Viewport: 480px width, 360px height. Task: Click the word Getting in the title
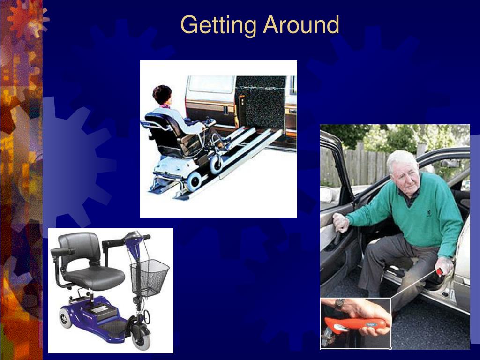218,25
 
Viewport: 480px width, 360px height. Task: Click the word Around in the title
301,24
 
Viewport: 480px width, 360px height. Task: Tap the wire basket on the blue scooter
150,278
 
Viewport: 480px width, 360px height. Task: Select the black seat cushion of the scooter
94,277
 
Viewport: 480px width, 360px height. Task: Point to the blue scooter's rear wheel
66,318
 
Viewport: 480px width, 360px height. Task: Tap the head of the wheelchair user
163,95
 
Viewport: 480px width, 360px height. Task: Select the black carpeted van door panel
261,103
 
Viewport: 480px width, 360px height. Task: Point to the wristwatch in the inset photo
339,305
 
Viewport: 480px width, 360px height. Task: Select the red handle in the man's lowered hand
440,272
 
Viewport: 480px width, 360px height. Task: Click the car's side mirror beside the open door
327,195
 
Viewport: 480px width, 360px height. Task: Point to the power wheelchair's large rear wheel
194,181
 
